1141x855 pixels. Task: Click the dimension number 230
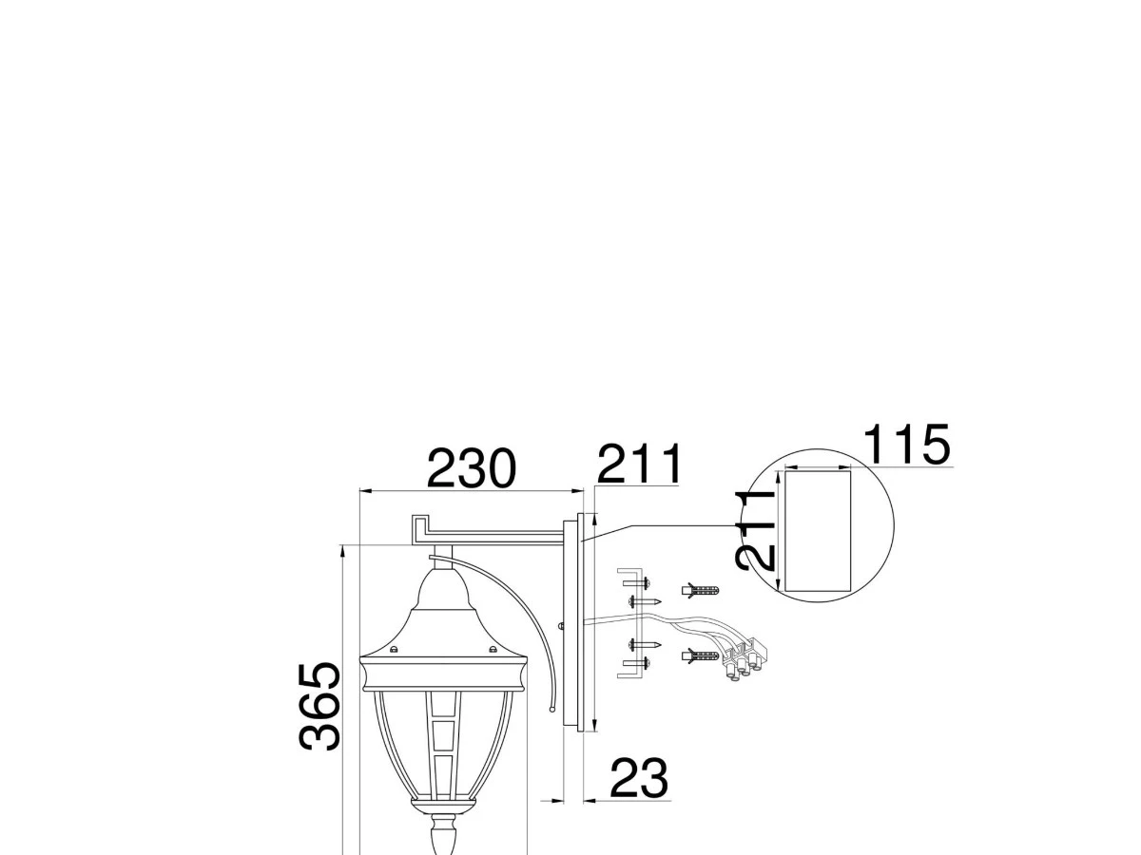coord(471,468)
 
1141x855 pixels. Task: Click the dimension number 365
coord(319,706)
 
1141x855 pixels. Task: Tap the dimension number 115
coord(906,445)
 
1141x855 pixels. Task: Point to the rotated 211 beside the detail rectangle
coord(756,530)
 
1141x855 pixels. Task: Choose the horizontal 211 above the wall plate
coord(639,465)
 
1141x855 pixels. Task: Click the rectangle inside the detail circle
coord(817,531)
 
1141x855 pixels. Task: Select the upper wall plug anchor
coord(701,590)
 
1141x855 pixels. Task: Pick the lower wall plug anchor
coord(701,656)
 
